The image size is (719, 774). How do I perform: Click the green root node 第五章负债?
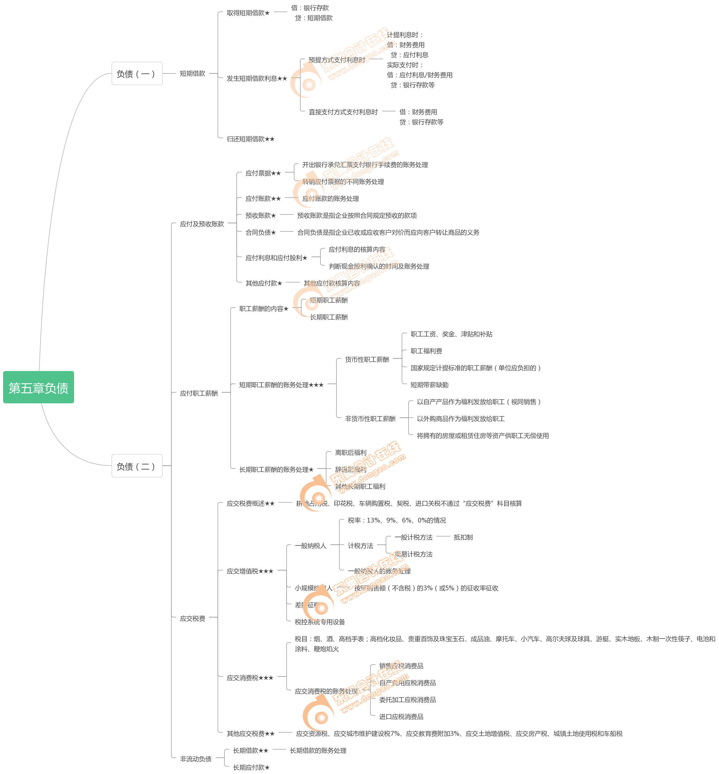tap(39, 387)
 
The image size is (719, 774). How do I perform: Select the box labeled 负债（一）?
tap(137, 73)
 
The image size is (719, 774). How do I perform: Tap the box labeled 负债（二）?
tap(137, 466)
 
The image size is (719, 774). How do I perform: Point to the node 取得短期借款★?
tap(248, 13)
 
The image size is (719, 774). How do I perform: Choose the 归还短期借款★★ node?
tap(250, 139)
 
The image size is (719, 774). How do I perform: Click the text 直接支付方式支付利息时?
tap(343, 112)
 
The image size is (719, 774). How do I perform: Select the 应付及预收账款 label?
tap(201, 224)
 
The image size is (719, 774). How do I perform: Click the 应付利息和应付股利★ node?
tap(276, 258)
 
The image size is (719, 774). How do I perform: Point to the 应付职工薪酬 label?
tap(198, 393)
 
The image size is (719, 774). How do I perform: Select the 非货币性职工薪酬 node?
tap(370, 419)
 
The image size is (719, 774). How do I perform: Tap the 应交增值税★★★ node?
tap(250, 571)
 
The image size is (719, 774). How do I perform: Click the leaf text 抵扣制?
tap(463, 537)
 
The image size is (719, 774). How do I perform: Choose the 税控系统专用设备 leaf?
tap(319, 622)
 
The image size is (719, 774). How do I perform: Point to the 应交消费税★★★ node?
tap(250, 678)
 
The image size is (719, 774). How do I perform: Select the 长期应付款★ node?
tap(251, 767)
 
